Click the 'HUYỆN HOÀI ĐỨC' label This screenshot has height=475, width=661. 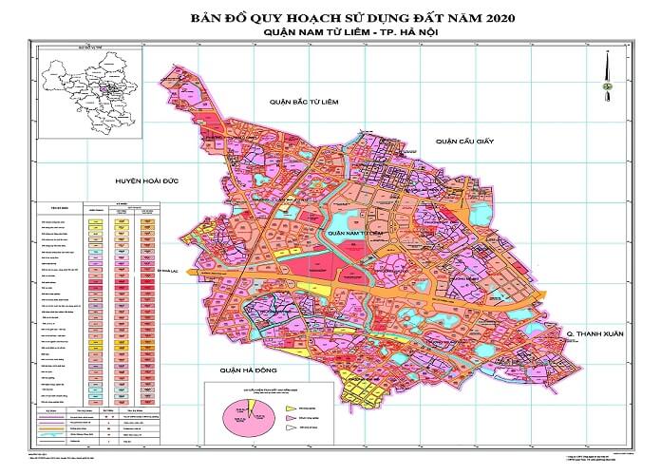(x=147, y=180)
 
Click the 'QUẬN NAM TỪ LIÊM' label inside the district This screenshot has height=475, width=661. (x=353, y=232)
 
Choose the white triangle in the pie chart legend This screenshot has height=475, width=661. (x=289, y=429)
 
